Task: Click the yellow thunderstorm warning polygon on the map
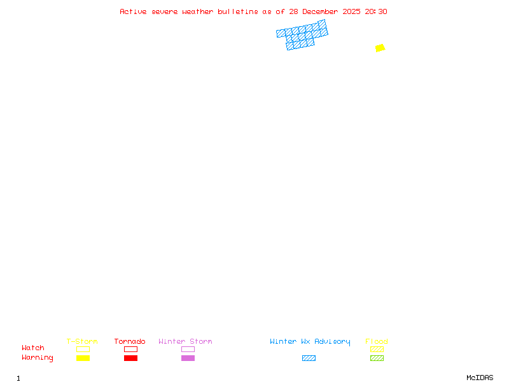[380, 48]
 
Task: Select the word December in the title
[321, 11]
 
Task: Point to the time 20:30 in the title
[376, 11]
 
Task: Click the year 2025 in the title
[352, 11]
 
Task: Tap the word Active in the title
[134, 11]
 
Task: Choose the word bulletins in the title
[238, 11]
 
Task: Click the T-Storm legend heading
[82, 341]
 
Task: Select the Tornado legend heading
[130, 341]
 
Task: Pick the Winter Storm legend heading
[185, 341]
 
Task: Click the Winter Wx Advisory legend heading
[310, 341]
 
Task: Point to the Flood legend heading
[377, 341]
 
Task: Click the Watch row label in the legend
[33, 348]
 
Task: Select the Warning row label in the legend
[38, 358]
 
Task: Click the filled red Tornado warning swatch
[130, 358]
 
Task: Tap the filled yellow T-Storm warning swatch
[83, 358]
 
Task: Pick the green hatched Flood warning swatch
[377, 358]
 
